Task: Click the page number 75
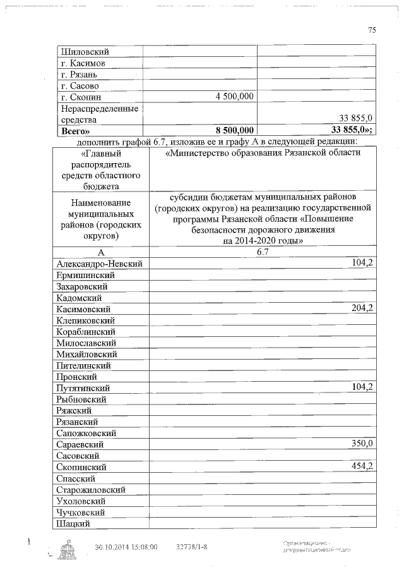(x=372, y=30)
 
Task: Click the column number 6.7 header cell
(x=263, y=252)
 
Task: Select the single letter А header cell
(x=100, y=252)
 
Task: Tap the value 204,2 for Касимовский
(x=362, y=308)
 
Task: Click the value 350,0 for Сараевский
(x=362, y=444)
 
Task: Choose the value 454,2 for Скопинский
(x=362, y=466)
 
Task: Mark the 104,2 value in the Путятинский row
(x=362, y=387)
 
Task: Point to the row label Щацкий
(x=73, y=523)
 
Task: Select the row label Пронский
(x=76, y=377)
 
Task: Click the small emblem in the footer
(x=66, y=549)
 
